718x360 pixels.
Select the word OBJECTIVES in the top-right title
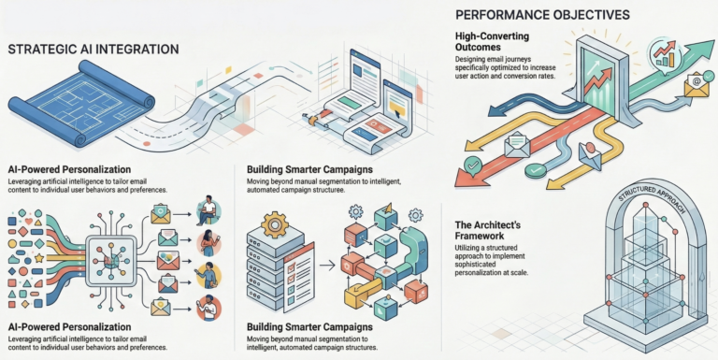coord(586,15)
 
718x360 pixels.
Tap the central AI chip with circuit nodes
coord(111,258)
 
